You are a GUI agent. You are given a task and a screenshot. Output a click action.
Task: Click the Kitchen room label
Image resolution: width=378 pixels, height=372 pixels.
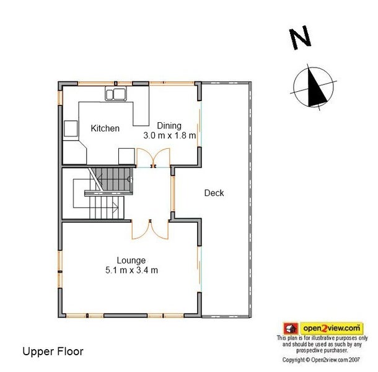[x=105, y=128]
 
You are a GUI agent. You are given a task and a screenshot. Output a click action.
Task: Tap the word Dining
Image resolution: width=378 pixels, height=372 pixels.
[x=169, y=126]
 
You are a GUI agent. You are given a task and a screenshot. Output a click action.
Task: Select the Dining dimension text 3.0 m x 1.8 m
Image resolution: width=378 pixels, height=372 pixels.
[x=169, y=136]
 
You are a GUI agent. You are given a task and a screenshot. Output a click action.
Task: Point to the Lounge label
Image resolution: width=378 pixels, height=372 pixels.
[x=131, y=260]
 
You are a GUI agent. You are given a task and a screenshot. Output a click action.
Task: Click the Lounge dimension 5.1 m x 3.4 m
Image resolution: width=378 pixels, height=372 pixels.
[x=131, y=270]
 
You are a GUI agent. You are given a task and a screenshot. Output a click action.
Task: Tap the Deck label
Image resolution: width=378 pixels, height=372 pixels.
[x=214, y=193]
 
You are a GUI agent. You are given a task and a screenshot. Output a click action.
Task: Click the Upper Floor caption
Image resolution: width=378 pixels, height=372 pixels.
[x=53, y=352]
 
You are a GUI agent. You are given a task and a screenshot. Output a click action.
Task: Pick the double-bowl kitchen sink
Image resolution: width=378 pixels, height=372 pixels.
[x=116, y=94]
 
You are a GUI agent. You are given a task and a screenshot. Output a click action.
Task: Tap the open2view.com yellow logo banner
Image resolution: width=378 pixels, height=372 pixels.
[x=332, y=329]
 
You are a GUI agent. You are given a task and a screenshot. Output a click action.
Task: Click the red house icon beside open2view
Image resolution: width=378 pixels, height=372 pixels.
[x=291, y=329]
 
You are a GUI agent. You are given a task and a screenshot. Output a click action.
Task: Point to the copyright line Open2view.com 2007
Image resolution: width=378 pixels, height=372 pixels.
[x=321, y=360]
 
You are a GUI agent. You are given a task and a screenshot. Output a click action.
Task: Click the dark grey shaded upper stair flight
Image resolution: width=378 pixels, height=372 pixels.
[x=112, y=179]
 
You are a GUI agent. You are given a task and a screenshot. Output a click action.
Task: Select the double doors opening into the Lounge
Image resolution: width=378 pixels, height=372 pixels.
[x=150, y=229]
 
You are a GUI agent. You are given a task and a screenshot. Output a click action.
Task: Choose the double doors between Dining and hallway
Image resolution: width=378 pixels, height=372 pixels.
[x=153, y=157]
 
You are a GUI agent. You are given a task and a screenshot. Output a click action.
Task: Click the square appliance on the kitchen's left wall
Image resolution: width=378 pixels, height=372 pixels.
[x=71, y=128]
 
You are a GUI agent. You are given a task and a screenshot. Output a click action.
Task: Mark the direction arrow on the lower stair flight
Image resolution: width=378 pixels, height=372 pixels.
[x=115, y=207]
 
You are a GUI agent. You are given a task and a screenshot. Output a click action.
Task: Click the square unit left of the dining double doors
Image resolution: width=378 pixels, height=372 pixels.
[x=126, y=156]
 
